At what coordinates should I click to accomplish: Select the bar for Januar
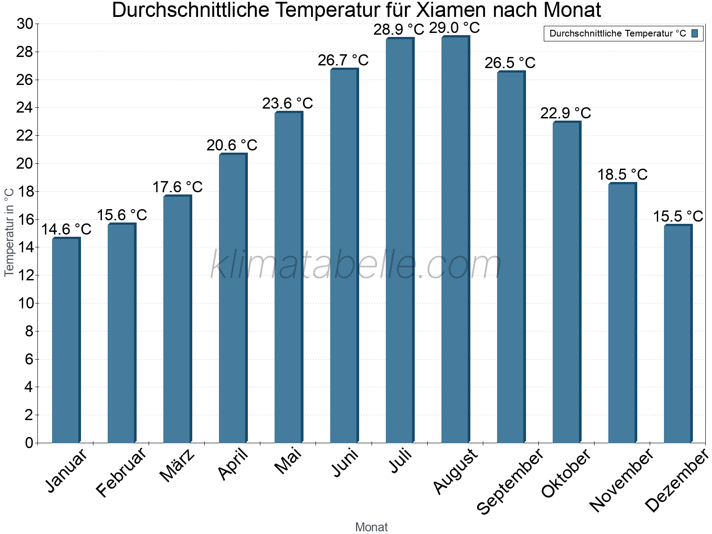(x=66, y=340)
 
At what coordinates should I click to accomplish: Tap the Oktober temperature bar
(x=566, y=282)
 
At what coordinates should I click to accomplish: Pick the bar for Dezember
(x=678, y=334)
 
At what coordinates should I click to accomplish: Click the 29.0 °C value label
(x=454, y=28)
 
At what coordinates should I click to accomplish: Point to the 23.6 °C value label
(x=287, y=104)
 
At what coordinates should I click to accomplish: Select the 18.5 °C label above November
(x=622, y=175)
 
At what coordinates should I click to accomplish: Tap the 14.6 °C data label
(x=66, y=230)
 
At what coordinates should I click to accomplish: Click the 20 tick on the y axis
(x=25, y=164)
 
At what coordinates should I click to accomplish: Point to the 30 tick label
(x=25, y=24)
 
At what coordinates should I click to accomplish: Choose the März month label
(x=178, y=465)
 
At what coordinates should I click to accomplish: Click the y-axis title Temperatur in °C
(x=9, y=232)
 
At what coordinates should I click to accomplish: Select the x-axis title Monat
(x=372, y=527)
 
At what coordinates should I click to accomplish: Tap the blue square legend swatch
(x=695, y=33)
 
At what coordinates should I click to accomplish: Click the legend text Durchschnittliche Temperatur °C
(x=618, y=33)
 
